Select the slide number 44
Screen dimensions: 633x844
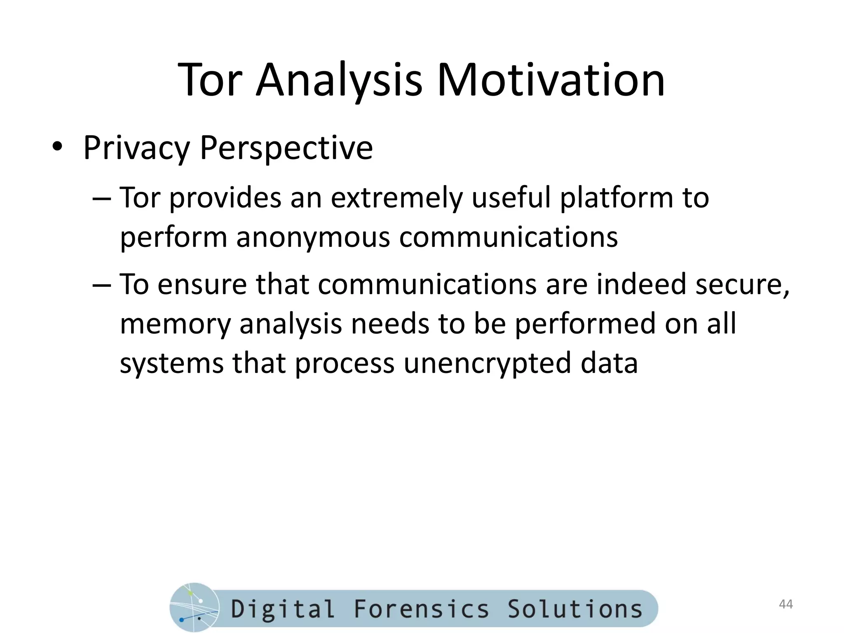pos(786,604)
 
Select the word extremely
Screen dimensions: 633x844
pos(396,198)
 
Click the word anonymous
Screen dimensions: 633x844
pos(313,237)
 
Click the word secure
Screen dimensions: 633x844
pos(742,284)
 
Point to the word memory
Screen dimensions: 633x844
pos(175,324)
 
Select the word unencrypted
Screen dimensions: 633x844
pos(487,363)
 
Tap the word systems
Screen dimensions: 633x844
pos(171,363)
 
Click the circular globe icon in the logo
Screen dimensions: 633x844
pos(194,607)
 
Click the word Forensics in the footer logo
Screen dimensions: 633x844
pos(421,609)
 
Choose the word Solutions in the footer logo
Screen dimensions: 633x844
pos(575,609)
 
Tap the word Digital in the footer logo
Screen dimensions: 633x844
pos(283,609)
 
